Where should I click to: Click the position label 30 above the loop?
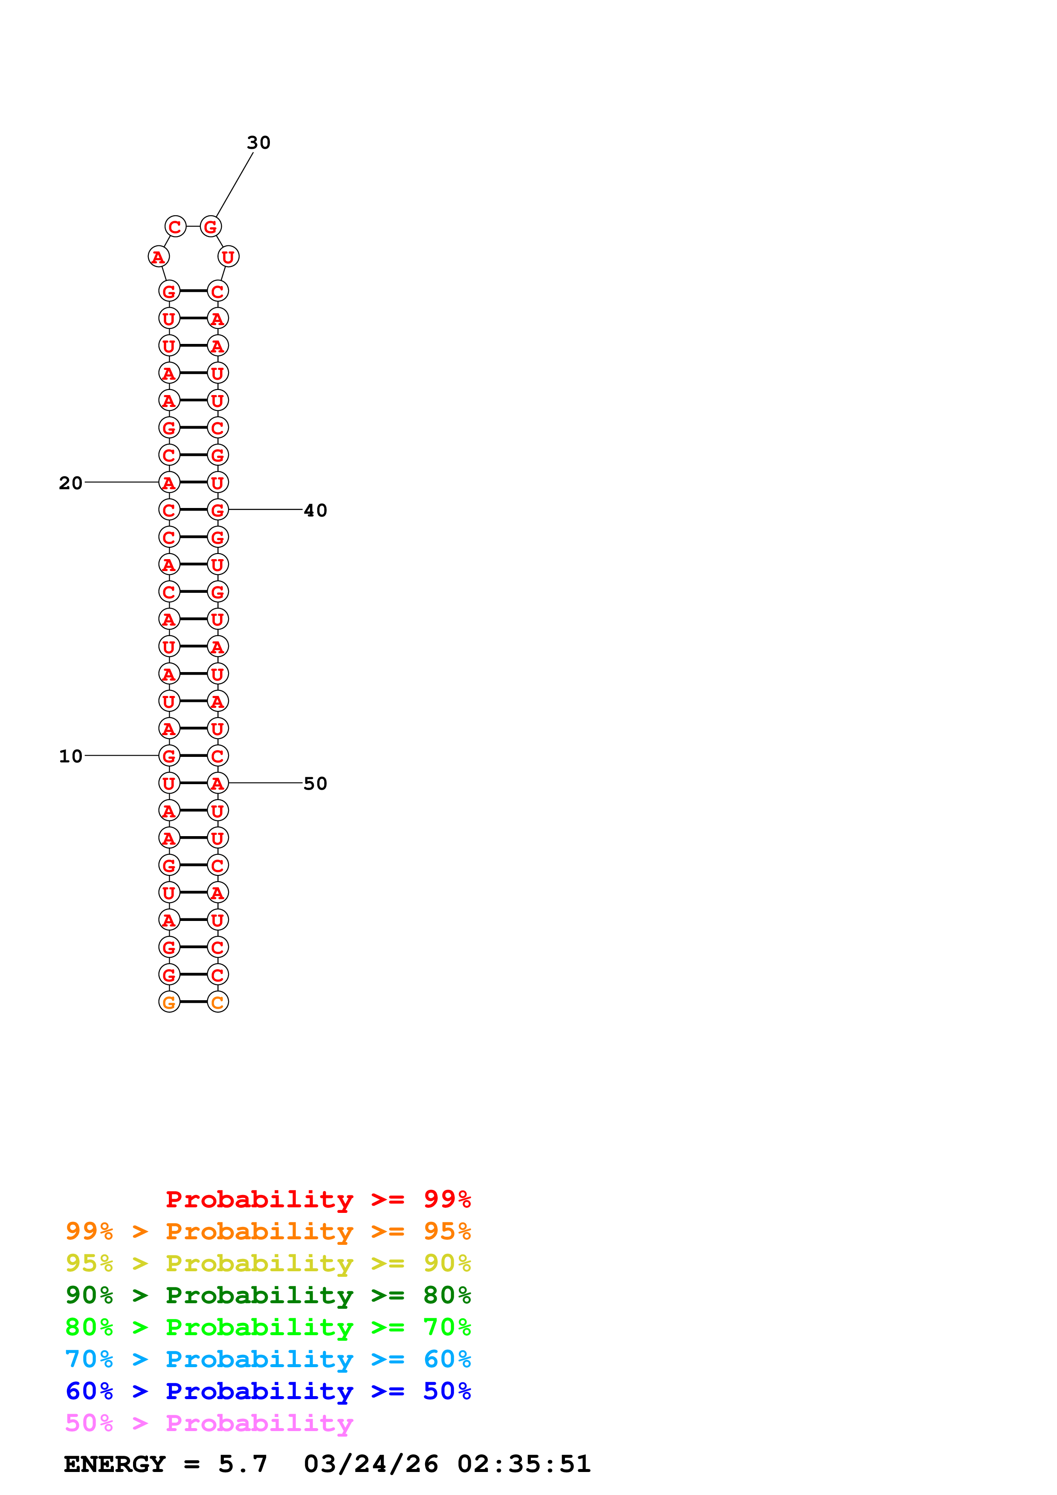tap(258, 143)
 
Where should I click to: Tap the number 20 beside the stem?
tap(70, 483)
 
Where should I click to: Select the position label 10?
tap(70, 756)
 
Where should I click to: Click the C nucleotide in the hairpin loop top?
tap(175, 227)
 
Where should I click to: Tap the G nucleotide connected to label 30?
tap(210, 227)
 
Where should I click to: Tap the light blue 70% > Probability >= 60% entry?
tap(268, 1359)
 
